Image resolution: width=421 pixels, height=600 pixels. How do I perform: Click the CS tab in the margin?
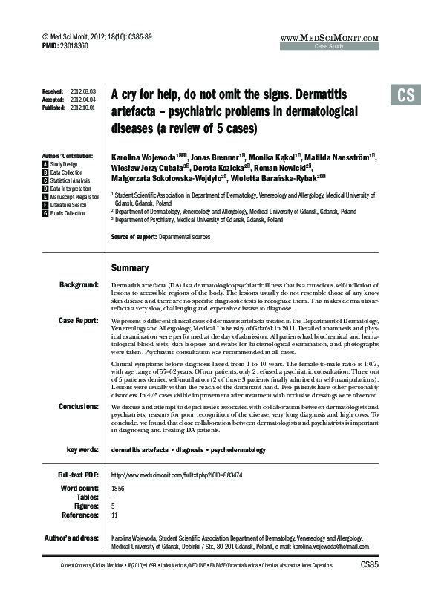pos(405,94)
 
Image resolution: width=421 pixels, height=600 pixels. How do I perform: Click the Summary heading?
pos(130,267)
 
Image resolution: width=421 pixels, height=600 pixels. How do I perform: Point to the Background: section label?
pos(79,285)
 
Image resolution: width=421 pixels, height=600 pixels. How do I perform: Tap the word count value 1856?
pos(117,488)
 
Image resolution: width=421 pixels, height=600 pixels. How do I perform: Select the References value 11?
pos(114,515)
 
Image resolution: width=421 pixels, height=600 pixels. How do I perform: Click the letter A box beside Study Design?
pos(46,163)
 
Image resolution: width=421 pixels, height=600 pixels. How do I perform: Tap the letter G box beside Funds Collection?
pos(46,213)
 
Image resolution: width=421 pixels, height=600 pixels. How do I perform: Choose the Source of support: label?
pos(133,237)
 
